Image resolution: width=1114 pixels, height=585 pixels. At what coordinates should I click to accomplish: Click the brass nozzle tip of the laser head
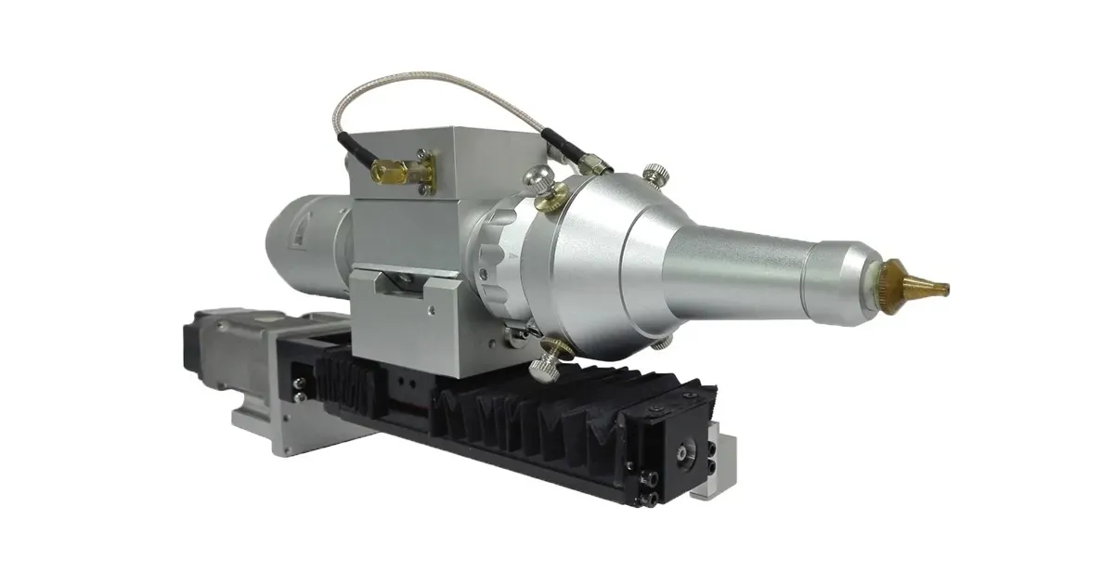click(x=919, y=277)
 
